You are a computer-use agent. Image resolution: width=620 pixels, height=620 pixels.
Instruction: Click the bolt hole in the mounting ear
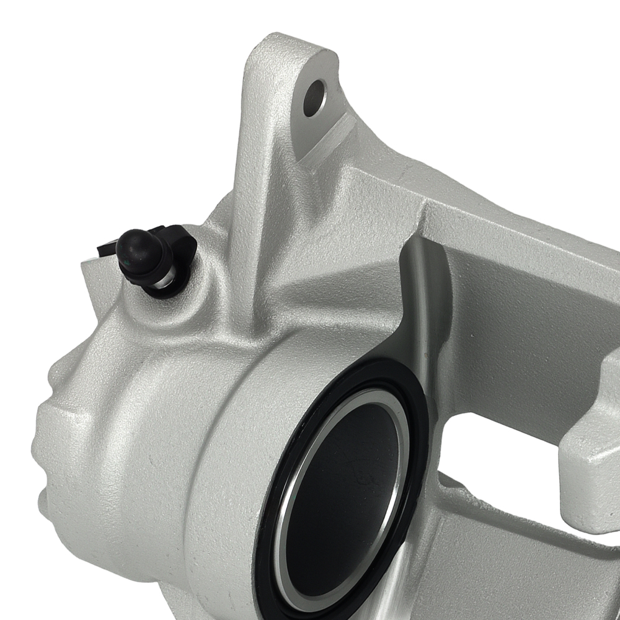[x=314, y=97]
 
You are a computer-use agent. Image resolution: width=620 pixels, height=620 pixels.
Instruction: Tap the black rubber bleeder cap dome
[x=138, y=247]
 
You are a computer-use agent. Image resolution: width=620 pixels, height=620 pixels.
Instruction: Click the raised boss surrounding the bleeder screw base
[x=186, y=298]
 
